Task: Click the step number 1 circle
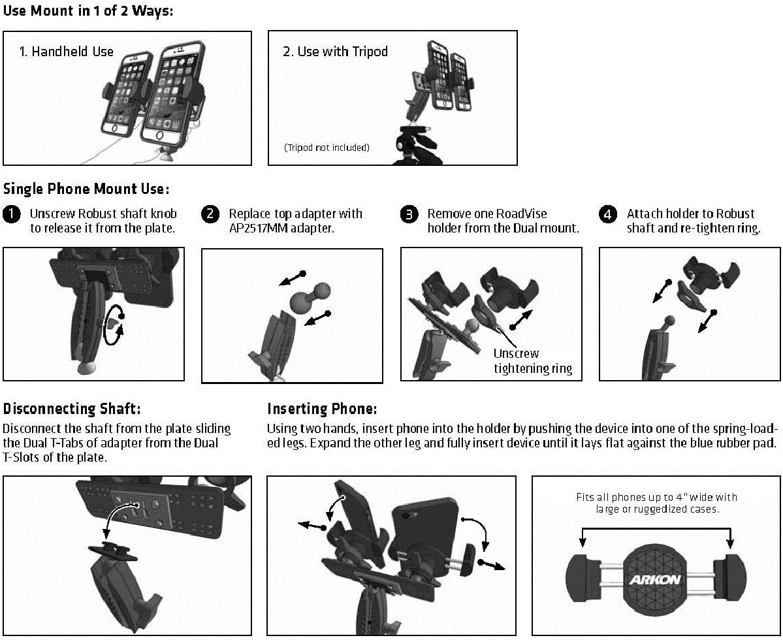[12, 214]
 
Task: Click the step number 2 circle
[210, 214]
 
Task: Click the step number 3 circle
[409, 214]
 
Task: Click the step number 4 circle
[608, 214]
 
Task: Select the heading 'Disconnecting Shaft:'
[72, 409]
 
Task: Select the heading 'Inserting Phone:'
[322, 409]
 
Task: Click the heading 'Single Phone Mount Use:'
[86, 189]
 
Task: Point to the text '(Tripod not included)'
[327, 148]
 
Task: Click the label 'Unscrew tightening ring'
[532, 361]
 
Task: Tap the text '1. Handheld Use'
[66, 52]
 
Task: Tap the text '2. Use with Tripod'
[335, 52]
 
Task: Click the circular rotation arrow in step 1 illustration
[116, 322]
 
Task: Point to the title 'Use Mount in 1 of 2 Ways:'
[88, 11]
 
